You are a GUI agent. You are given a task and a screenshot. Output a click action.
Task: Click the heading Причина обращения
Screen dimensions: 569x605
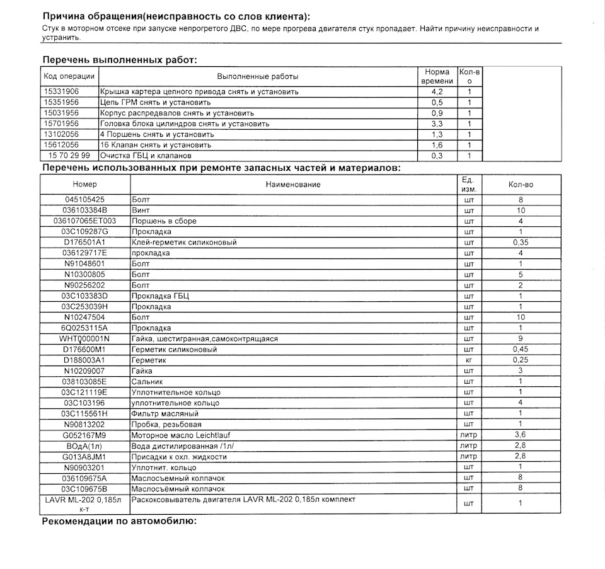176,16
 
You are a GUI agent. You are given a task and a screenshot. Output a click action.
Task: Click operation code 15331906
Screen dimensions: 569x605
61,91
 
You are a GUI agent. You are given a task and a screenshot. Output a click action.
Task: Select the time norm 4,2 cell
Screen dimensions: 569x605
437,91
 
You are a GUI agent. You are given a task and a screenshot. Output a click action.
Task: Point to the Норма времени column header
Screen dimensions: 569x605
437,76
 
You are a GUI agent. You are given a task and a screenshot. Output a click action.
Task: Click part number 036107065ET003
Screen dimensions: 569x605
85,221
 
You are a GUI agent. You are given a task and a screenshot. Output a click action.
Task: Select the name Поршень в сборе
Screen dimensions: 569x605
163,221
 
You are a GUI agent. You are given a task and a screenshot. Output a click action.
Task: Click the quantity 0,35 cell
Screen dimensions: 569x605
520,243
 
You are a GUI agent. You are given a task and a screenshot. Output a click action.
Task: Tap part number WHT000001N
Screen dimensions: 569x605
85,338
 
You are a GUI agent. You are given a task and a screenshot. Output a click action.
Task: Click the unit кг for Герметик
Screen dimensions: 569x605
468,360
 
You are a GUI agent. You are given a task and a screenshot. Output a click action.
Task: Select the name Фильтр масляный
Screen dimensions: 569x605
164,413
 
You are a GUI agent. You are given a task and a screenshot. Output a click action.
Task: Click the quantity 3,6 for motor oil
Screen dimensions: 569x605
520,435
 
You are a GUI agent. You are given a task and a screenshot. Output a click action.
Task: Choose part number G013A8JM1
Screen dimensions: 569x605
85,456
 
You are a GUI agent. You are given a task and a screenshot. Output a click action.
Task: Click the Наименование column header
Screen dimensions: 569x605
292,185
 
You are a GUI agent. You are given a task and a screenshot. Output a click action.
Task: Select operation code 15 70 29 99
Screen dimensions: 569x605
69,155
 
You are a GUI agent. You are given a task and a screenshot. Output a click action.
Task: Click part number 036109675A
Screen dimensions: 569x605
85,478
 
